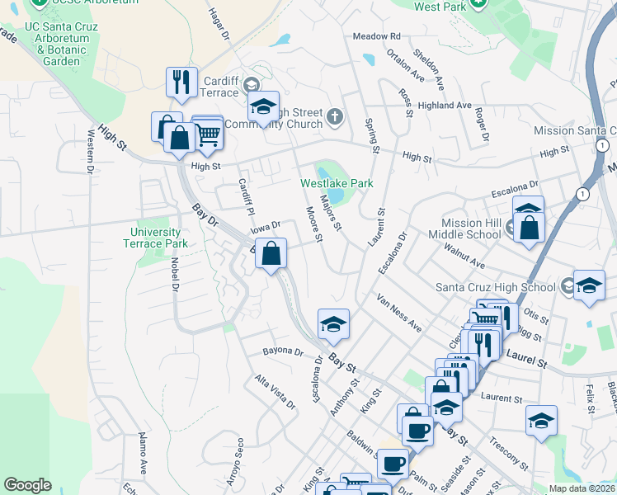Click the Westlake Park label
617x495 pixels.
[x=337, y=183]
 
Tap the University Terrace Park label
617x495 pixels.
[x=156, y=238]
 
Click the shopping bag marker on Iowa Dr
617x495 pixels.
[x=271, y=254]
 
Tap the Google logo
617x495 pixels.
[x=27, y=485]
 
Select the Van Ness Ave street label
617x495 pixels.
[x=400, y=313]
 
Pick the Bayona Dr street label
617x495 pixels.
[x=284, y=351]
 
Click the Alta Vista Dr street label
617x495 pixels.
[x=275, y=393]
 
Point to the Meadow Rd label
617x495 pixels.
[x=376, y=36]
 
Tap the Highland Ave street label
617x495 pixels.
[x=444, y=106]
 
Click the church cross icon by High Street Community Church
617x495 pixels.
[x=335, y=115]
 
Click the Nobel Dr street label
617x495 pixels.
[x=175, y=274]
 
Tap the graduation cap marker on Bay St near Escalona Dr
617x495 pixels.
[x=333, y=323]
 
